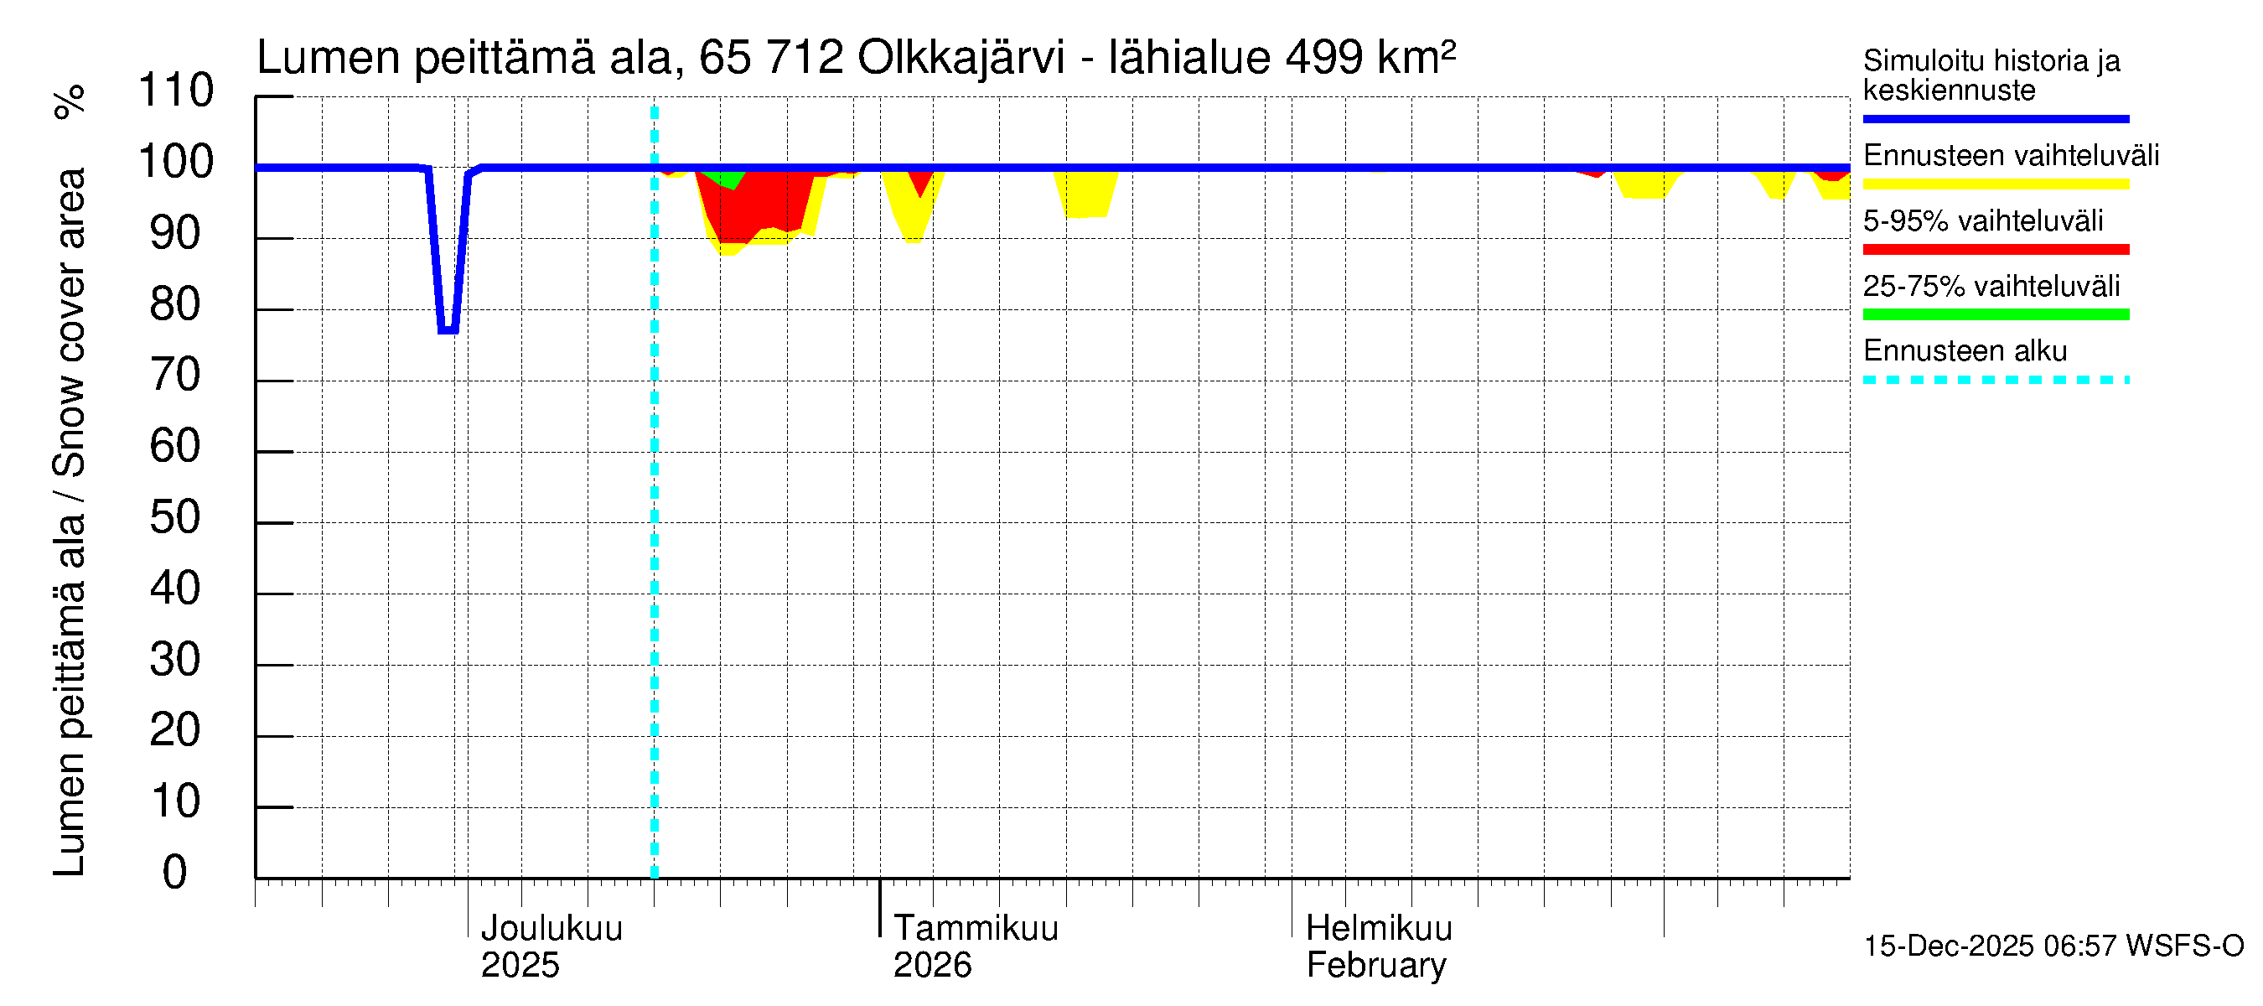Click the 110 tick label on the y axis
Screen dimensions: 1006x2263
[x=176, y=91]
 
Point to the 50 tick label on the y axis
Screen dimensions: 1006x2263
[x=175, y=517]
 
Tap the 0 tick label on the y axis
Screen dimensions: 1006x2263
[x=175, y=873]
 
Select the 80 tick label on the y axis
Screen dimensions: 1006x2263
[x=175, y=304]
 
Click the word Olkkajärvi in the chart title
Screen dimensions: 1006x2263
[x=961, y=58]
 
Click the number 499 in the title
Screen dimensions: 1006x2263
[x=1324, y=58]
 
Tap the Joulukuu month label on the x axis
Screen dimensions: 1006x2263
[x=552, y=928]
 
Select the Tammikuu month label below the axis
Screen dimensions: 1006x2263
[x=976, y=928]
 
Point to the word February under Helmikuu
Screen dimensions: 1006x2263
[x=1375, y=966]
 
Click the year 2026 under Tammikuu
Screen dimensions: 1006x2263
[x=932, y=966]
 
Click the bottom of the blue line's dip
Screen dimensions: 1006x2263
[x=448, y=330]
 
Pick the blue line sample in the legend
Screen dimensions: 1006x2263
[x=1995, y=118]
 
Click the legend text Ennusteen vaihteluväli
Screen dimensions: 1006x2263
[x=2010, y=156]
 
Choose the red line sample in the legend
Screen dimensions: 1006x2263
[x=1995, y=250]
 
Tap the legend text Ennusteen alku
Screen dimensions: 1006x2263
[x=1965, y=351]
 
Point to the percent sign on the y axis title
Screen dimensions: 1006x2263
[x=70, y=102]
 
